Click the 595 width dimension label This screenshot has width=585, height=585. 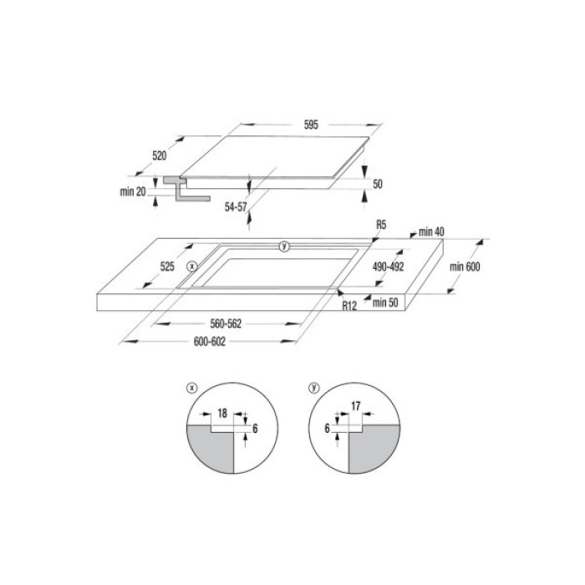pyautogui.click(x=311, y=125)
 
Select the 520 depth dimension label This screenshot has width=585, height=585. pyautogui.click(x=160, y=156)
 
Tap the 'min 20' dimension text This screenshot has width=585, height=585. pyautogui.click(x=133, y=191)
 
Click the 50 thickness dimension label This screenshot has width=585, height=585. pyautogui.click(x=378, y=184)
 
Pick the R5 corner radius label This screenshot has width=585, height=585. pyautogui.click(x=381, y=225)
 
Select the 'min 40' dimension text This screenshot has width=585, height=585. pyautogui.click(x=431, y=231)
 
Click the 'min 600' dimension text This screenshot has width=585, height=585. pyautogui.click(x=466, y=266)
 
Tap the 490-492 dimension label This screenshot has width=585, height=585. pyautogui.click(x=388, y=267)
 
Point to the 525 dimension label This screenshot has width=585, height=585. pyautogui.click(x=167, y=267)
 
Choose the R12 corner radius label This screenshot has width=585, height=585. pyautogui.click(x=349, y=307)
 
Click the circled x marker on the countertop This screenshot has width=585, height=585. pyautogui.click(x=191, y=266)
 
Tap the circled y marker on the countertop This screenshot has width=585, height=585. pyautogui.click(x=283, y=246)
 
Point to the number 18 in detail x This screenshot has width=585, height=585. pyautogui.click(x=222, y=413)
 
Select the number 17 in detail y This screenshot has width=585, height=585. pyautogui.click(x=354, y=407)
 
